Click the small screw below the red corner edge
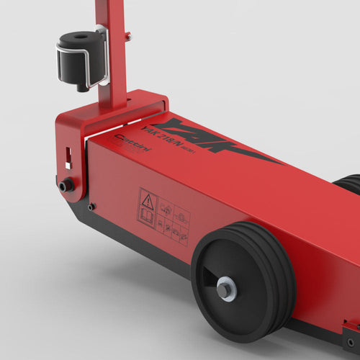[91, 207]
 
